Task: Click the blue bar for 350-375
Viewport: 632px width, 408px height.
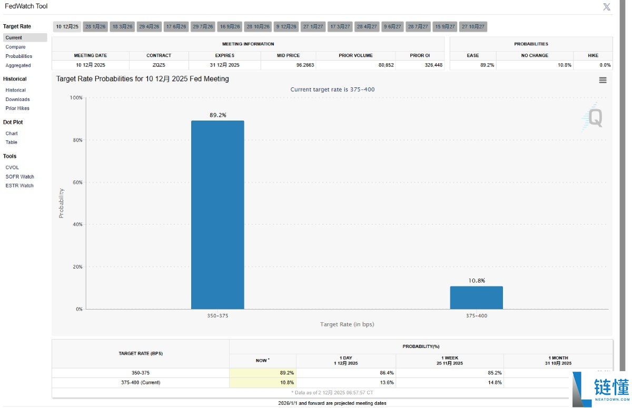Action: tap(218, 215)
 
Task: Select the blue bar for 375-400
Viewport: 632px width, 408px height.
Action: tap(476, 297)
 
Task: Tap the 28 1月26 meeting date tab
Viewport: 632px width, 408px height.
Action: tap(95, 26)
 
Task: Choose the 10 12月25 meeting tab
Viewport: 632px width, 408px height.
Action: tap(67, 26)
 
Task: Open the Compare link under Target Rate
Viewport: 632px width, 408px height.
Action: tap(15, 47)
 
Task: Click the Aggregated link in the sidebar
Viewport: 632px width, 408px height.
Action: tap(18, 65)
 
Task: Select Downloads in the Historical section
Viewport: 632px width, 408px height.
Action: tap(17, 99)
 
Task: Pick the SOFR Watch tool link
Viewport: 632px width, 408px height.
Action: tap(19, 176)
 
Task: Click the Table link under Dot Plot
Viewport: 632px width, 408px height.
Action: tap(11, 142)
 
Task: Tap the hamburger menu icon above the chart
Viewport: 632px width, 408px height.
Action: tap(603, 80)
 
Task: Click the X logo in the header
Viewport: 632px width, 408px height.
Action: tap(607, 7)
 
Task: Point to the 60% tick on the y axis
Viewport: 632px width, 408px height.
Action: tap(76, 182)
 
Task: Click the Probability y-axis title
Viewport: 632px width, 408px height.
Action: tap(61, 203)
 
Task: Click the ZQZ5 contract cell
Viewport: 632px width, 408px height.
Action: tap(159, 65)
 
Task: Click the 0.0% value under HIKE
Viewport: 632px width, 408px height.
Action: tap(605, 65)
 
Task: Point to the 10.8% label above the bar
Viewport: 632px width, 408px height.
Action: tap(476, 281)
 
